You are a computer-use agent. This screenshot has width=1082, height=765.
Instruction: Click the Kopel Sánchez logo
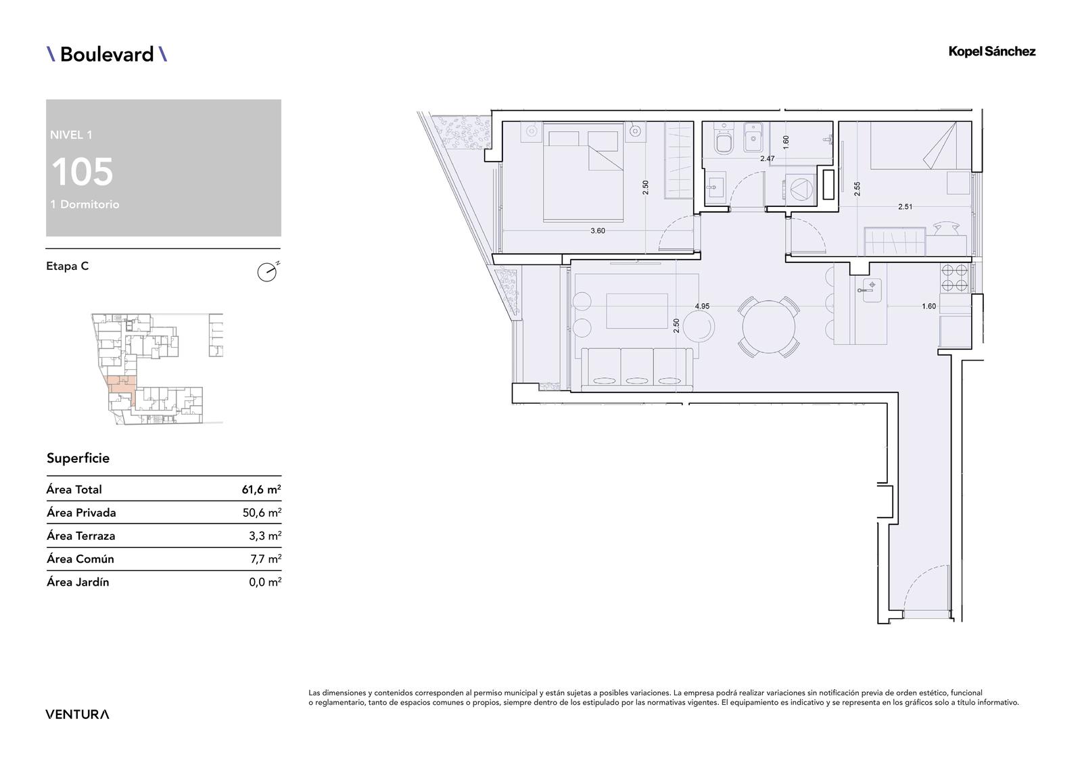click(x=991, y=52)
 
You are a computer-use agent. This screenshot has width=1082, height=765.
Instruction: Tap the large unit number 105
click(x=82, y=172)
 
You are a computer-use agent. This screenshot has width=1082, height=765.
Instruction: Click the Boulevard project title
click(x=107, y=54)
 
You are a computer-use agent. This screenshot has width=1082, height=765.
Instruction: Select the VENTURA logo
click(x=77, y=714)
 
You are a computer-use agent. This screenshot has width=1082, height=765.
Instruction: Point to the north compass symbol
click(x=268, y=272)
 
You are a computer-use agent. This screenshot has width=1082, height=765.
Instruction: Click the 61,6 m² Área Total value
click(x=261, y=490)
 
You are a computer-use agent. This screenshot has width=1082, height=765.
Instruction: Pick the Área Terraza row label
click(x=80, y=536)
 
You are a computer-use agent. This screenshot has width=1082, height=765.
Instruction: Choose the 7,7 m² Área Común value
click(x=266, y=559)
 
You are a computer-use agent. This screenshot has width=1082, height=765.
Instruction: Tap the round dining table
click(x=768, y=327)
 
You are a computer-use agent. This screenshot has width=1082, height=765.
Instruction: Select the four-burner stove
click(x=954, y=277)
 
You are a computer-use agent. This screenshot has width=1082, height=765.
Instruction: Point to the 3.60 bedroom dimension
click(x=598, y=231)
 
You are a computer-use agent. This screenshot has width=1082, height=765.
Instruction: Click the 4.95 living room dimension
click(x=702, y=306)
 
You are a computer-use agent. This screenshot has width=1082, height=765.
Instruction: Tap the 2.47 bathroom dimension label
click(x=767, y=158)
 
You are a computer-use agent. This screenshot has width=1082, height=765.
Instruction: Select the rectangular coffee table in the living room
click(x=637, y=310)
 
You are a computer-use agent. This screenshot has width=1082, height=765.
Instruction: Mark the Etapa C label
click(x=68, y=266)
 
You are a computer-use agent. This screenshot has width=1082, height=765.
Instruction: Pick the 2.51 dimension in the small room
click(x=905, y=207)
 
